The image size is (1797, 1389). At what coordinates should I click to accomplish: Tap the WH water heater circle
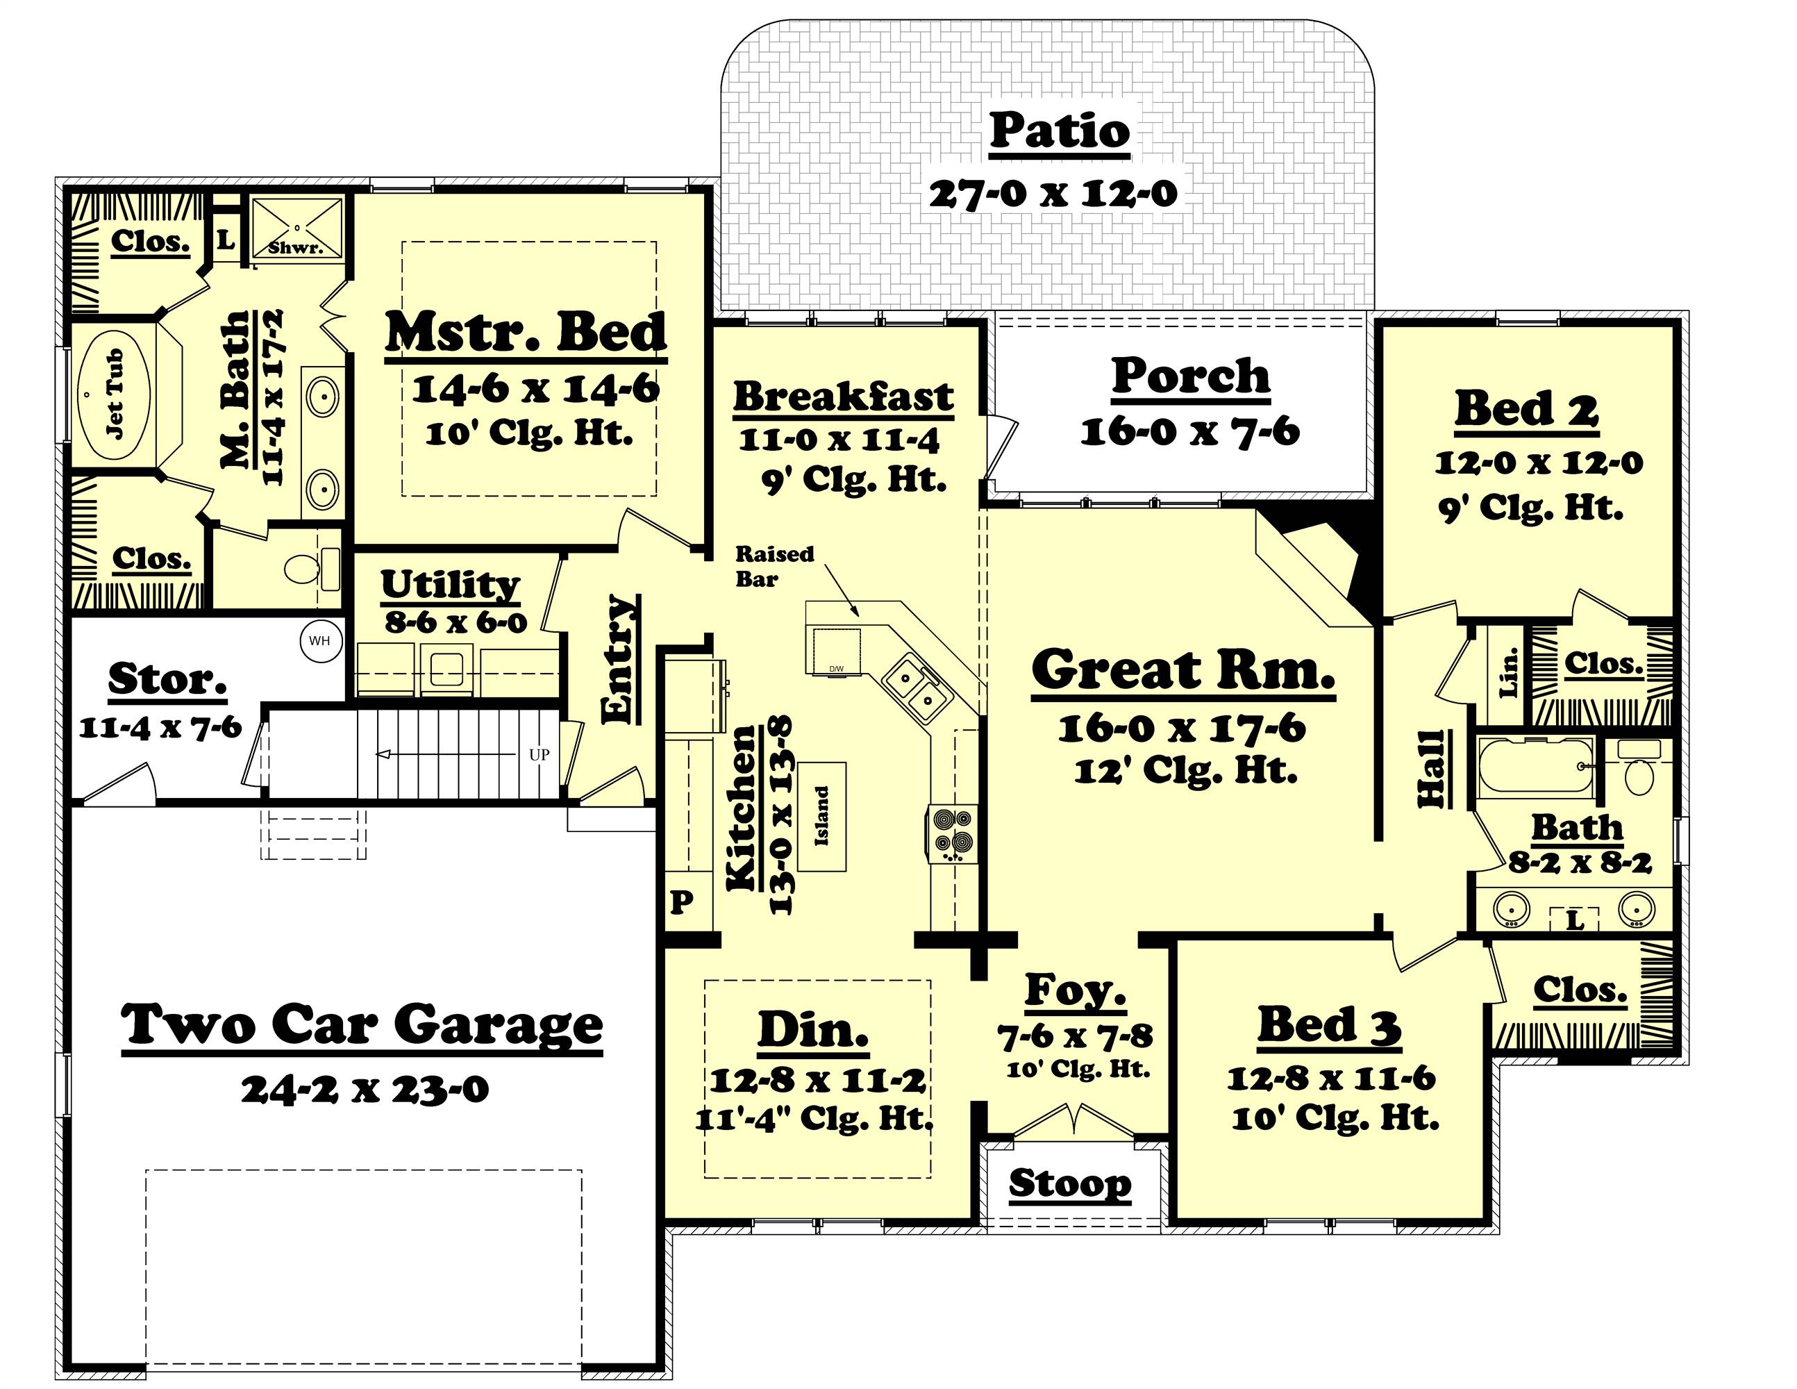(320, 641)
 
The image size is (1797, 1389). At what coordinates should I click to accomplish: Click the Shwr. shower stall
(296, 228)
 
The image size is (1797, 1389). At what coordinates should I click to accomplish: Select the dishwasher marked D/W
(836, 651)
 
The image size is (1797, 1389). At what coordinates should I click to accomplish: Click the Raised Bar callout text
(774, 566)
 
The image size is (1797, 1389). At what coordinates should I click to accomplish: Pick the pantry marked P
(681, 904)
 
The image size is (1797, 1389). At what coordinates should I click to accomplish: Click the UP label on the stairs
(539, 754)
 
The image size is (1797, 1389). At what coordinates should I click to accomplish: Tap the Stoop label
(1069, 1183)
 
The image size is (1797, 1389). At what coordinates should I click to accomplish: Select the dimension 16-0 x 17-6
(1182, 729)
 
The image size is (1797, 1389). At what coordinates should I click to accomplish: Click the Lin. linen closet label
(1508, 672)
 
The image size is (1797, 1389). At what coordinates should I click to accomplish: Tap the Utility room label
(450, 584)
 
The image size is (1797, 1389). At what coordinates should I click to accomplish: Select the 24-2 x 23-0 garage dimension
(365, 1090)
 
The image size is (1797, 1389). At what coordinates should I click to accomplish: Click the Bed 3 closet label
(1580, 990)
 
